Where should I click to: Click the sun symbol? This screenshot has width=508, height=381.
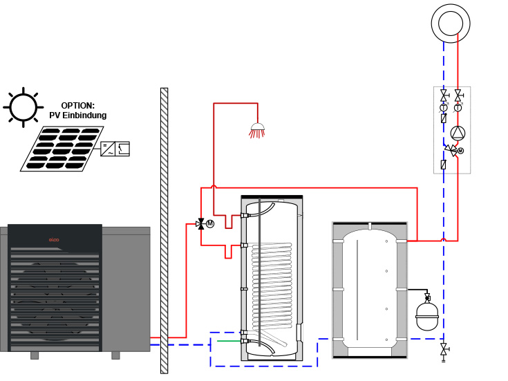(22, 107)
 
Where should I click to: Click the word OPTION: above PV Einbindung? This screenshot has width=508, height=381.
(77, 106)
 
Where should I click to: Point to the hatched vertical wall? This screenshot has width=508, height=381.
(164, 228)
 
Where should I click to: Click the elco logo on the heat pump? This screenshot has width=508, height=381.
(52, 240)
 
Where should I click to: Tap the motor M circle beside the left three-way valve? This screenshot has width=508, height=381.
(211, 223)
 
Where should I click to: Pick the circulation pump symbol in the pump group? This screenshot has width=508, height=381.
(458, 133)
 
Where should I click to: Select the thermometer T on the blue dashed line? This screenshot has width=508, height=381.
(444, 108)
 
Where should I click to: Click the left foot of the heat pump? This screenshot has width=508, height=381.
(34, 355)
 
